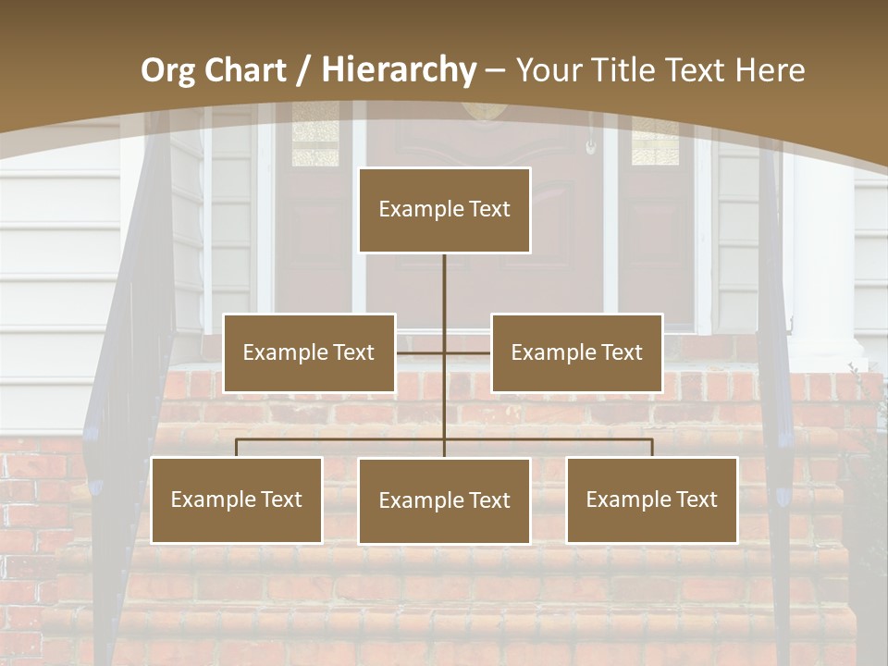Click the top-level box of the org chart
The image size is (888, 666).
(x=444, y=210)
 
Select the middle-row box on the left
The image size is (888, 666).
(x=309, y=352)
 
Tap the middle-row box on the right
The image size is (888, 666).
(x=576, y=352)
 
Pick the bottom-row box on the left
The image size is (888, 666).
(x=236, y=499)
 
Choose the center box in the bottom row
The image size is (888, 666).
(x=444, y=500)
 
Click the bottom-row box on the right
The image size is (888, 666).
(x=651, y=499)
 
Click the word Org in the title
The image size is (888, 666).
(x=167, y=70)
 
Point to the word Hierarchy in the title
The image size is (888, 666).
(x=398, y=70)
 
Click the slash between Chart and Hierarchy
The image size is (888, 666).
(x=304, y=70)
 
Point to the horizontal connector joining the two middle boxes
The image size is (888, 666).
(x=421, y=352)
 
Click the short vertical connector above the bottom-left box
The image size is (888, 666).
(x=236, y=448)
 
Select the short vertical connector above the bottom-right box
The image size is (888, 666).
(x=651, y=448)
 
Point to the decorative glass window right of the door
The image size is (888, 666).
(x=655, y=143)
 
